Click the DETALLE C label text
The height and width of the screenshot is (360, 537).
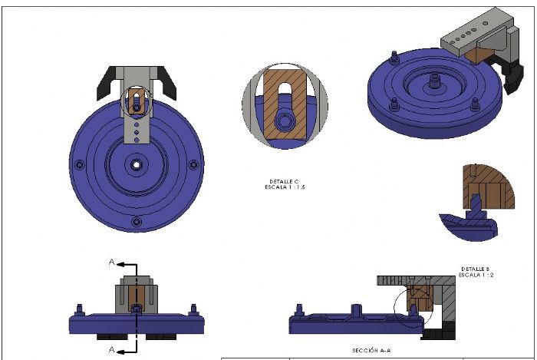point(284,182)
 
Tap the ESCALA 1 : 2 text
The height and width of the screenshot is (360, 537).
point(476,275)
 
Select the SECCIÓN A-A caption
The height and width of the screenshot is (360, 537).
point(371,351)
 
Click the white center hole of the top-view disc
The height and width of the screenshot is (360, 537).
point(137,165)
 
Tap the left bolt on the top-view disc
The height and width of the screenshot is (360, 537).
point(80,165)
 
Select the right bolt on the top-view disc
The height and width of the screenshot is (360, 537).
point(193,165)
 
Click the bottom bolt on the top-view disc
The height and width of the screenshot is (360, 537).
point(137,222)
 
